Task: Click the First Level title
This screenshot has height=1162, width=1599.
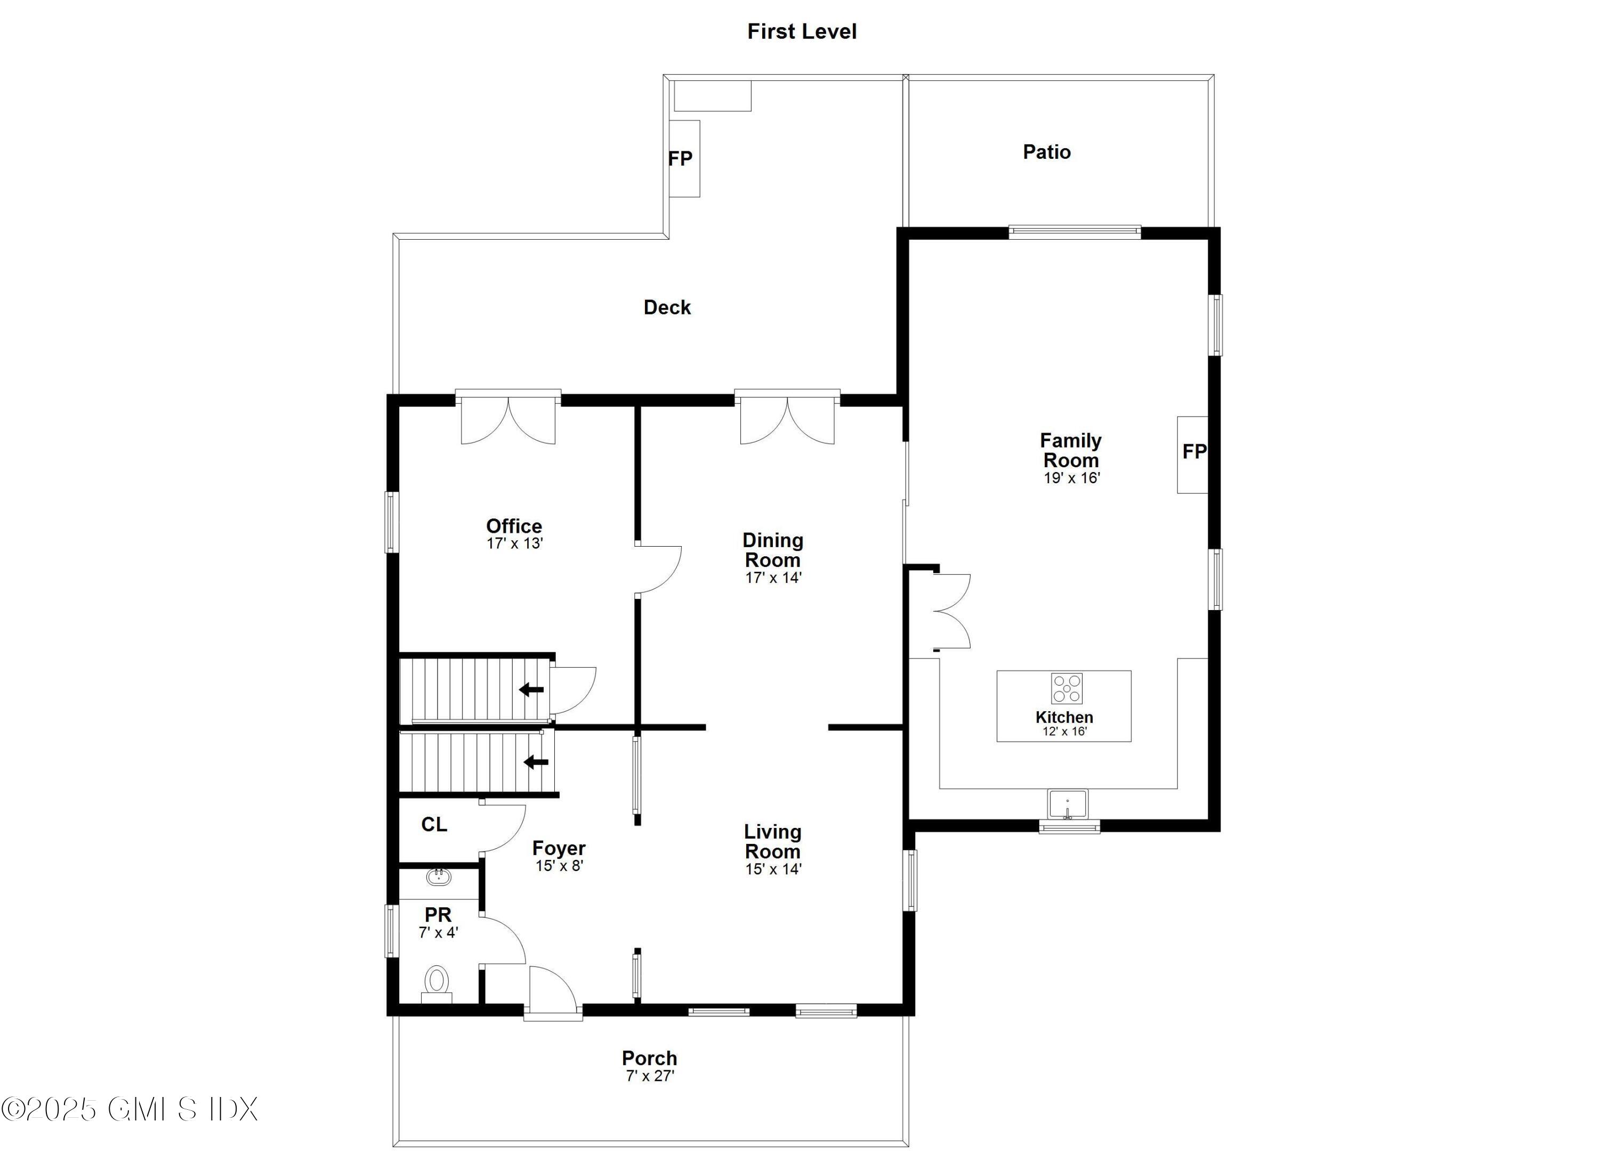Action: pyautogui.click(x=802, y=32)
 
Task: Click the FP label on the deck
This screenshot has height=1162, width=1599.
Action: pyautogui.click(x=680, y=159)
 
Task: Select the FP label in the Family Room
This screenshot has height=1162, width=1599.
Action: pyautogui.click(x=1193, y=452)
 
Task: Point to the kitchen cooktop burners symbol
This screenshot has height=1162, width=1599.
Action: pyautogui.click(x=1067, y=688)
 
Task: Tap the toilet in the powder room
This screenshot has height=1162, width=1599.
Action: pyautogui.click(x=437, y=981)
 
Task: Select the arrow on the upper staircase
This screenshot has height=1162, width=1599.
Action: pyautogui.click(x=531, y=689)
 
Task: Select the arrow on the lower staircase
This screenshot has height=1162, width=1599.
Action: pyautogui.click(x=536, y=762)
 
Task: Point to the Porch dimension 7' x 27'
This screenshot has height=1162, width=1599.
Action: pyautogui.click(x=649, y=1076)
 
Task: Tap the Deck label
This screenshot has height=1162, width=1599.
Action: pyautogui.click(x=667, y=307)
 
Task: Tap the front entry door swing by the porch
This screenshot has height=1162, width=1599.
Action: pyautogui.click(x=552, y=990)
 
